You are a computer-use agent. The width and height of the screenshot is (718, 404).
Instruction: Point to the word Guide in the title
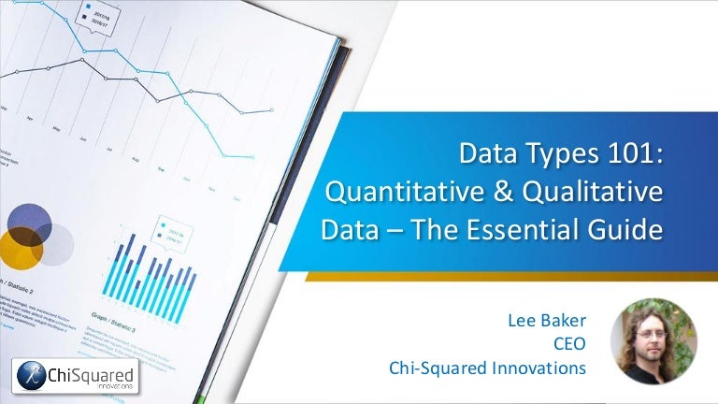625,229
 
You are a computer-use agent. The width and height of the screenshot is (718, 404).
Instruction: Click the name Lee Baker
545,324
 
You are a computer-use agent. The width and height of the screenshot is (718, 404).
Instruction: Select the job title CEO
569,346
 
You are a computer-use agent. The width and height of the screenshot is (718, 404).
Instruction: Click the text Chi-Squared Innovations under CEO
487,368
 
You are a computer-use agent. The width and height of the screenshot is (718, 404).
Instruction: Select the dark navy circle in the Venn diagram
29,224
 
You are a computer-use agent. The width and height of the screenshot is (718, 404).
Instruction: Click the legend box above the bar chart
173,228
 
